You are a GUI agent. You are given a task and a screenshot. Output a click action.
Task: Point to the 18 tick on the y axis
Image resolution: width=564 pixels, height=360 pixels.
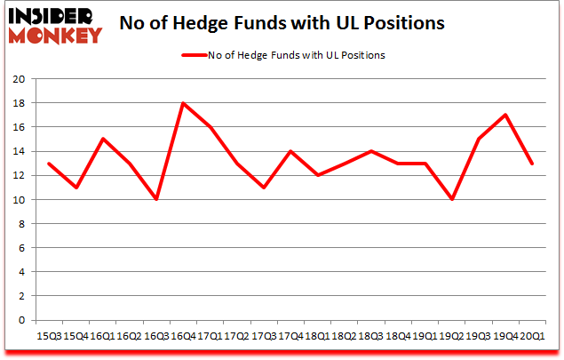pyautogui.click(x=18, y=103)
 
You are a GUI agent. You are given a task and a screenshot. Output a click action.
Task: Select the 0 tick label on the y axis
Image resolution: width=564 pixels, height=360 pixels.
pyautogui.click(x=20, y=321)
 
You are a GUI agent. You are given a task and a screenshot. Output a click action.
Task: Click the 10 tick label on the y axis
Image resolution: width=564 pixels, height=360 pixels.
pyautogui.click(x=18, y=200)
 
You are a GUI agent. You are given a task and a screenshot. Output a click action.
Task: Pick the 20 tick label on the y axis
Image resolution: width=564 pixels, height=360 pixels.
pyautogui.click(x=18, y=79)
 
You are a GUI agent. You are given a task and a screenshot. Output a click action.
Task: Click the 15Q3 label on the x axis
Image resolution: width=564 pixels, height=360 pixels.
pyautogui.click(x=49, y=335)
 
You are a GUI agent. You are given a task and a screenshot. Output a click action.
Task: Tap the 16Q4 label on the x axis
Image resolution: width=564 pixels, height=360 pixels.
pyautogui.click(x=182, y=335)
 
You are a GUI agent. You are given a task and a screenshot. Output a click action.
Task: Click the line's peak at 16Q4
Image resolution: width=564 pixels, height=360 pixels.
pyautogui.click(x=182, y=103)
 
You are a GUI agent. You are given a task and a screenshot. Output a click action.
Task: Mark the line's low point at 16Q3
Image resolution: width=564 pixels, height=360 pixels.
pyautogui.click(x=155, y=200)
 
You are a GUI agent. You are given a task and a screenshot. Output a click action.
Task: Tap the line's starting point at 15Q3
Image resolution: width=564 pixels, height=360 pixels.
pyautogui.click(x=49, y=164)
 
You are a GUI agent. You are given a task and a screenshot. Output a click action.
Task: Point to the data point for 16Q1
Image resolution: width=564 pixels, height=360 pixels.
pyautogui.click(x=102, y=139)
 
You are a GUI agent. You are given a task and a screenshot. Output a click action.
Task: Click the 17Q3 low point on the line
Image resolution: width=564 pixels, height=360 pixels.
pyautogui.click(x=263, y=188)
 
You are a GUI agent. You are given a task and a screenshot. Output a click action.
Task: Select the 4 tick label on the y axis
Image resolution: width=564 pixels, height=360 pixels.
pyautogui.click(x=20, y=273)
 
